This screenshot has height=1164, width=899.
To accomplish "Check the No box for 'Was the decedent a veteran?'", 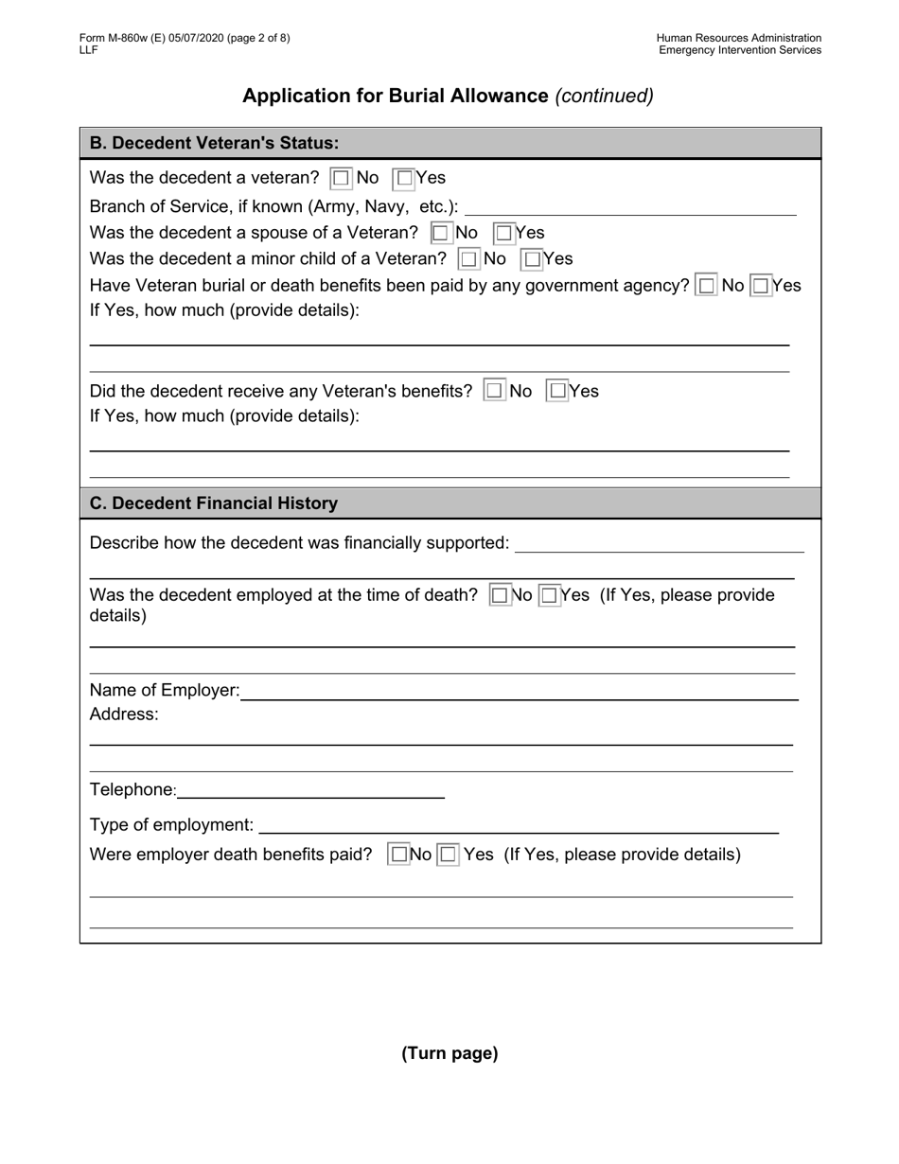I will [x=341, y=178].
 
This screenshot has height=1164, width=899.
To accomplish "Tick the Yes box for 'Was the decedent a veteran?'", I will [x=404, y=178].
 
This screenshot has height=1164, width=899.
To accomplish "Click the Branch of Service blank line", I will [x=630, y=207].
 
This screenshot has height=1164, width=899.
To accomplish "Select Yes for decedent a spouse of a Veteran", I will [x=503, y=233].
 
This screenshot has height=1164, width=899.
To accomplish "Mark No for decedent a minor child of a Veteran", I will [x=468, y=259].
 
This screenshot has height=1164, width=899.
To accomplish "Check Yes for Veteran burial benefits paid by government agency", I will [x=761, y=286].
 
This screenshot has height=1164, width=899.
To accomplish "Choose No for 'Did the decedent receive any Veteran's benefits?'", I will [x=494, y=391].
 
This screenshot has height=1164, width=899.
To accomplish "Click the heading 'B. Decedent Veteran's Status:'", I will [x=214, y=144].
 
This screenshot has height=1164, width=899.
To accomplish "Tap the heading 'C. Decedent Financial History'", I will [x=214, y=503].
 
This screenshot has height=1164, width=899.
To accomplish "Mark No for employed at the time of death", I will [x=500, y=595].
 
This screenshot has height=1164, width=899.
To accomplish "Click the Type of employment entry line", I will [x=518, y=826].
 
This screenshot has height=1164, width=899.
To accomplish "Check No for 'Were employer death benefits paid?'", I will [x=399, y=855].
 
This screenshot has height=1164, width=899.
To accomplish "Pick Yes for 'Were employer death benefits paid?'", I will [x=449, y=855].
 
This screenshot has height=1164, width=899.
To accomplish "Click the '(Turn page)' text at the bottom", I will [x=449, y=1053].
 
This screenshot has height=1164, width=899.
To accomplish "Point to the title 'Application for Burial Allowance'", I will [x=396, y=96].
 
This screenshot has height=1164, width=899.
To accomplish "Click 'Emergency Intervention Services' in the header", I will [x=740, y=50].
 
